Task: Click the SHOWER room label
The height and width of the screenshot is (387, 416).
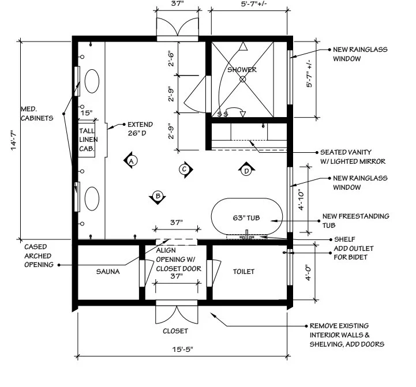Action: (x=242, y=70)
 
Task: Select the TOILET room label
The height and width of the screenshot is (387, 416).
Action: (x=243, y=271)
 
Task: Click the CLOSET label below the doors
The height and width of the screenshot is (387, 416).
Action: (x=175, y=331)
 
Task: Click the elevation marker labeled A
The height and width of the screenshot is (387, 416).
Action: (x=132, y=161)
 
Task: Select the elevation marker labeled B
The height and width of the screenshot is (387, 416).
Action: (x=157, y=196)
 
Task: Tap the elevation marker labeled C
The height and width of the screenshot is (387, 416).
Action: (x=184, y=169)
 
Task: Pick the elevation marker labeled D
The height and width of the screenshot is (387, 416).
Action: (x=246, y=170)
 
